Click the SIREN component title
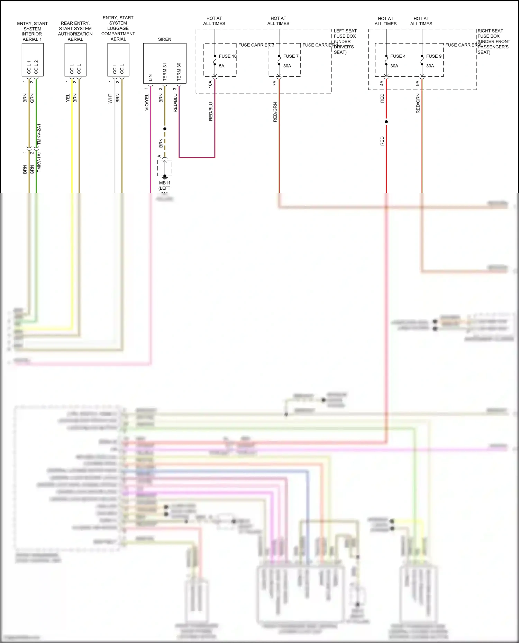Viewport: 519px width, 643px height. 164,39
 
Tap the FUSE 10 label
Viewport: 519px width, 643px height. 227,56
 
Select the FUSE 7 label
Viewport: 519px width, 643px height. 291,56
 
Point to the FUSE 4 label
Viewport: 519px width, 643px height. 398,56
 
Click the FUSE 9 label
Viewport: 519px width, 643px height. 434,56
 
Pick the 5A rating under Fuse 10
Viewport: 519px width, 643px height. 221,66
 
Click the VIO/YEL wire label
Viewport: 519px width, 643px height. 147,102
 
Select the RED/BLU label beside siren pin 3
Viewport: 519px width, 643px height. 175,103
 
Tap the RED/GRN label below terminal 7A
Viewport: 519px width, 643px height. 275,112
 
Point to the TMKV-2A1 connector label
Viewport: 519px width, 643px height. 39,134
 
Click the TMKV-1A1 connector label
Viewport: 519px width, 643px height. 39,161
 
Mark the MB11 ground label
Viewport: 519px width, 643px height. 165,183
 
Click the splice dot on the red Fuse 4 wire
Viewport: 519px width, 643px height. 386,122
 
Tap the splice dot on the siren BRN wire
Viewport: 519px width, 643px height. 165,129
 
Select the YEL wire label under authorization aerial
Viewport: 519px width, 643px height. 68,98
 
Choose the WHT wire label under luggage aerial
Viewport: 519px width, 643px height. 110,98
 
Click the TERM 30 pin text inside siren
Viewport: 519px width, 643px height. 179,72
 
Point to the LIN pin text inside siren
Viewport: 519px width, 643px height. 150,77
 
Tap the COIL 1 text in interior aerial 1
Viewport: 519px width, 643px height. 29,67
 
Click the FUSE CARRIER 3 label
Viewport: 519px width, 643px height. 256,45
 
